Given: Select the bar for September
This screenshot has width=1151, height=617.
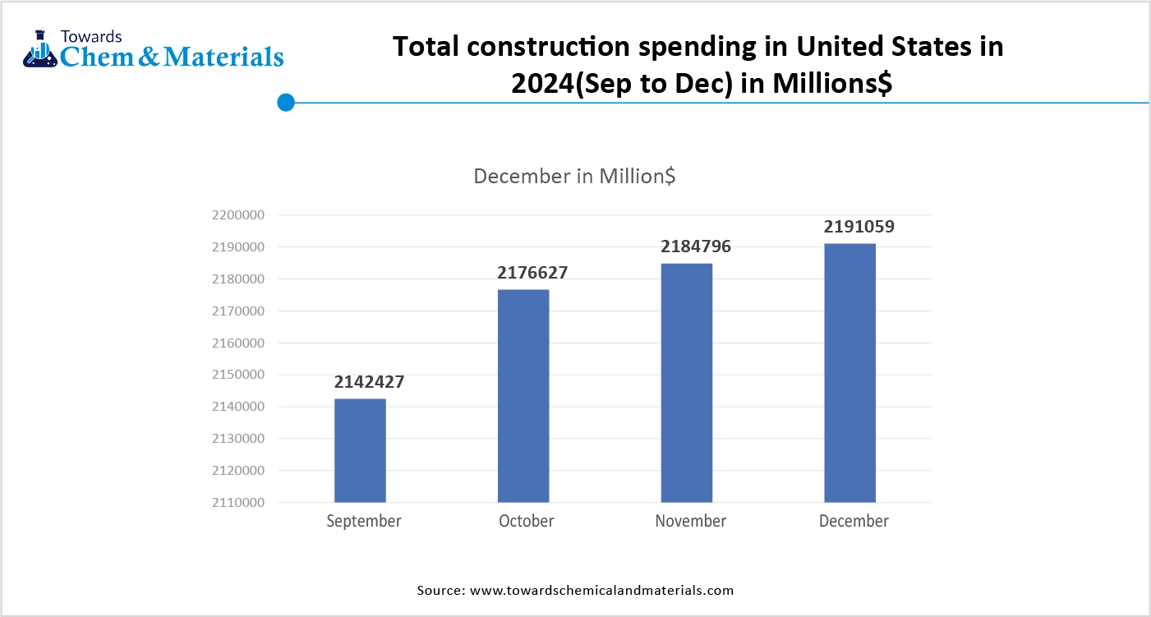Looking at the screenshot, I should (x=360, y=450).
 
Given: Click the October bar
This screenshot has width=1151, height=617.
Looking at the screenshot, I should (x=523, y=395).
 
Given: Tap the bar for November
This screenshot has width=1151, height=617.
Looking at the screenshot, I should (x=687, y=382).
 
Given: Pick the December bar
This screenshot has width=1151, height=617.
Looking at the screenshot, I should (x=849, y=372).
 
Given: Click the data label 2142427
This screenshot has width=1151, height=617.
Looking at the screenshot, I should (x=369, y=382).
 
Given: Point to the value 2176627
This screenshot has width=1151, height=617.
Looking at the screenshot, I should (x=532, y=273).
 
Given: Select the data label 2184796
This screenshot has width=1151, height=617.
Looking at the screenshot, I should (x=696, y=246).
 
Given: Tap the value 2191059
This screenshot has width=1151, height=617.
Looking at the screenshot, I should (x=859, y=227).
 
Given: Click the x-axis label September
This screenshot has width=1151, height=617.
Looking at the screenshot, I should (x=364, y=521).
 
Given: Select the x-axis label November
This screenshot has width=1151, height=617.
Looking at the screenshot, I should (x=691, y=521).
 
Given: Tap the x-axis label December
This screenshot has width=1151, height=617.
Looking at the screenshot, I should (x=854, y=521).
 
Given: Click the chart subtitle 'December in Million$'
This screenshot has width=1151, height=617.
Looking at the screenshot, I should (x=575, y=176).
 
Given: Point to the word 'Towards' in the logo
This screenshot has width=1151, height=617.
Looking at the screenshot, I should (x=92, y=36).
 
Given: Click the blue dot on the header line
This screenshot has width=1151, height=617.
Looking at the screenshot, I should (x=286, y=103).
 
